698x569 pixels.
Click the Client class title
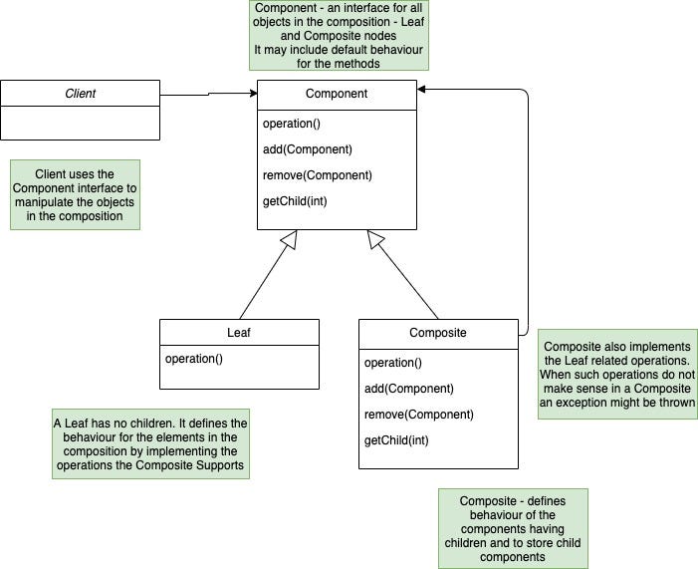pyautogui.click(x=80, y=94)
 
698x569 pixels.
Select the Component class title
pyautogui.click(x=337, y=94)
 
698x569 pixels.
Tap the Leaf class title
pyautogui.click(x=239, y=333)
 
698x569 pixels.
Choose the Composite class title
pyautogui.click(x=438, y=333)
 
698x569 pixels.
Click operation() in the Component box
pyautogui.click(x=292, y=124)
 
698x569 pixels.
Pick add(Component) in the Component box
pyautogui.click(x=308, y=149)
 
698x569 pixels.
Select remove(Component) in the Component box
pyautogui.click(x=318, y=175)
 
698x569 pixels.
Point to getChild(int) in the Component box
pyautogui.click(x=297, y=201)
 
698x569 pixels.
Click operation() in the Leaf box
pyautogui.click(x=194, y=359)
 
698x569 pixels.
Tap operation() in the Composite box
pyautogui.click(x=393, y=363)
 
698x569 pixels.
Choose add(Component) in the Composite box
pyautogui.click(x=409, y=389)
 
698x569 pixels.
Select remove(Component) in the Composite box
pyautogui.click(x=419, y=415)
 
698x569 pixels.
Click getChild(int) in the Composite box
pyautogui.click(x=398, y=440)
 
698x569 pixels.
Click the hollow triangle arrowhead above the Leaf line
pyautogui.click(x=289, y=239)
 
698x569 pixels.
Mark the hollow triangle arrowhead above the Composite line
pyautogui.click(x=374, y=239)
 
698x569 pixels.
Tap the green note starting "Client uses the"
pyautogui.click(x=76, y=194)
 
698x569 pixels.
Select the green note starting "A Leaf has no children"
pyautogui.click(x=149, y=442)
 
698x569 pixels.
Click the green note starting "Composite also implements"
pyautogui.click(x=617, y=374)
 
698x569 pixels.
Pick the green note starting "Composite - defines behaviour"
pyautogui.click(x=514, y=528)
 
